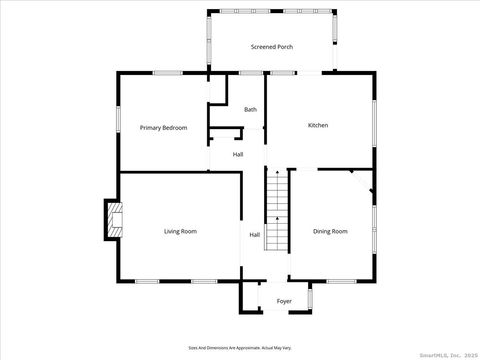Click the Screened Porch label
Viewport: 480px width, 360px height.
click(x=272, y=47)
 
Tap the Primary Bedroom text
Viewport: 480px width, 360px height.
click(x=163, y=127)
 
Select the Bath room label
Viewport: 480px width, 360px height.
click(x=250, y=109)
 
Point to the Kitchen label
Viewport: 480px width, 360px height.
click(x=318, y=125)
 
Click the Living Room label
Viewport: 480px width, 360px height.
click(x=180, y=231)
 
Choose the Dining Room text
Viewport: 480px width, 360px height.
click(x=330, y=231)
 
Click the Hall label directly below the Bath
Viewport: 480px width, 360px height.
click(x=238, y=154)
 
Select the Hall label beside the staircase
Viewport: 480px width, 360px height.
click(x=255, y=235)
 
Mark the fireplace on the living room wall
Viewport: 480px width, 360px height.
click(x=113, y=220)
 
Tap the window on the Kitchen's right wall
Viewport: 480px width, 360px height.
click(x=373, y=125)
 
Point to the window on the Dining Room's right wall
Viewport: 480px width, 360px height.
click(x=373, y=229)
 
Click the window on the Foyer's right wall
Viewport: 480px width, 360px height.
click(x=311, y=297)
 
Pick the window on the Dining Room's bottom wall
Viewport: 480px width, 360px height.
click(x=342, y=281)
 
